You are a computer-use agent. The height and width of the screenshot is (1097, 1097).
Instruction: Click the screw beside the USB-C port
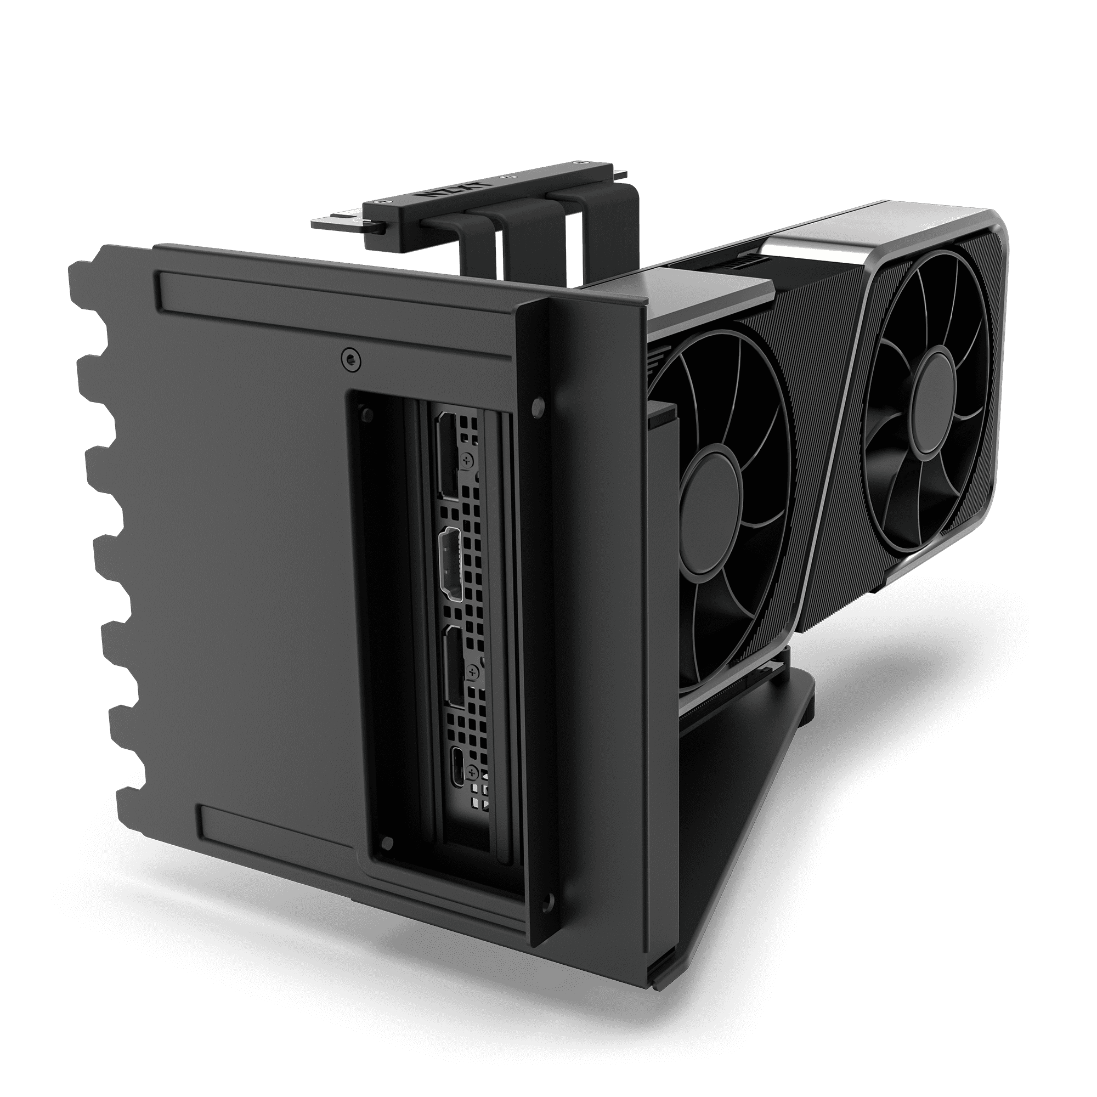[x=472, y=772]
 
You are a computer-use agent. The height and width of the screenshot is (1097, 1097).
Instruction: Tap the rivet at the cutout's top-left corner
[x=367, y=412]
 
